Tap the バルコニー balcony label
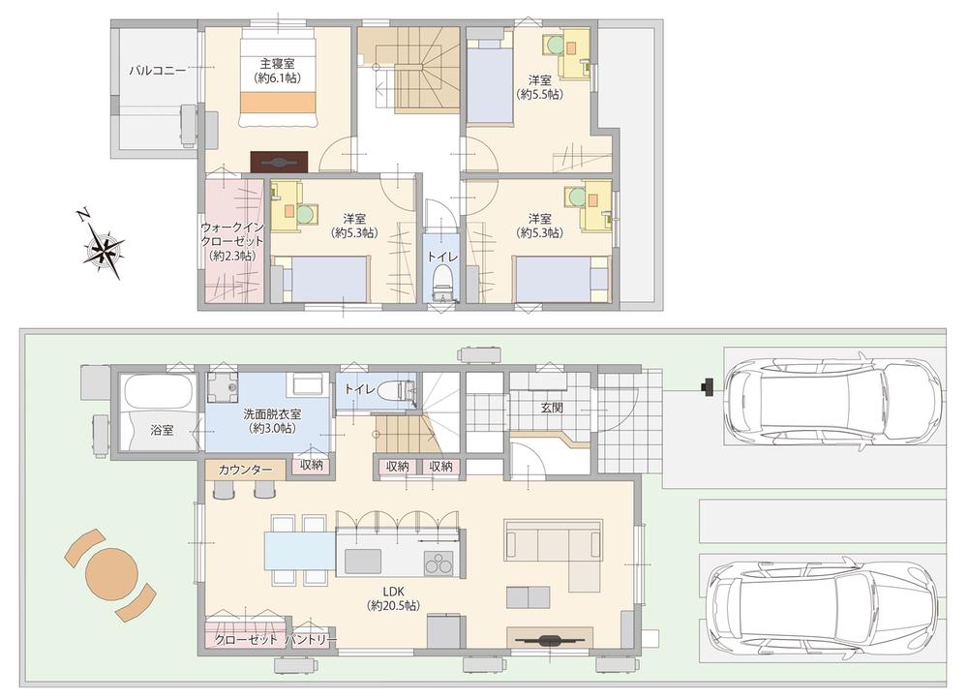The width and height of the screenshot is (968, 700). [157, 71]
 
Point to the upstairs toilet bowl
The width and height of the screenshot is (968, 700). [441, 280]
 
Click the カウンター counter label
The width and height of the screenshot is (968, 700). [245, 470]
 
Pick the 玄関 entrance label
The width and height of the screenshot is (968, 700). [553, 408]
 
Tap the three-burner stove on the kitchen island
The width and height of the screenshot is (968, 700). [439, 563]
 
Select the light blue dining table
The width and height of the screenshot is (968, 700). [300, 550]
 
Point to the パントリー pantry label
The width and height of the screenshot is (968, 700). [312, 640]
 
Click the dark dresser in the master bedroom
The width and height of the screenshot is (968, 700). [279, 162]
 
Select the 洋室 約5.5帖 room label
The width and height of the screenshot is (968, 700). [539, 87]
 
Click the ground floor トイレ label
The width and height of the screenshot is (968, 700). [359, 389]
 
